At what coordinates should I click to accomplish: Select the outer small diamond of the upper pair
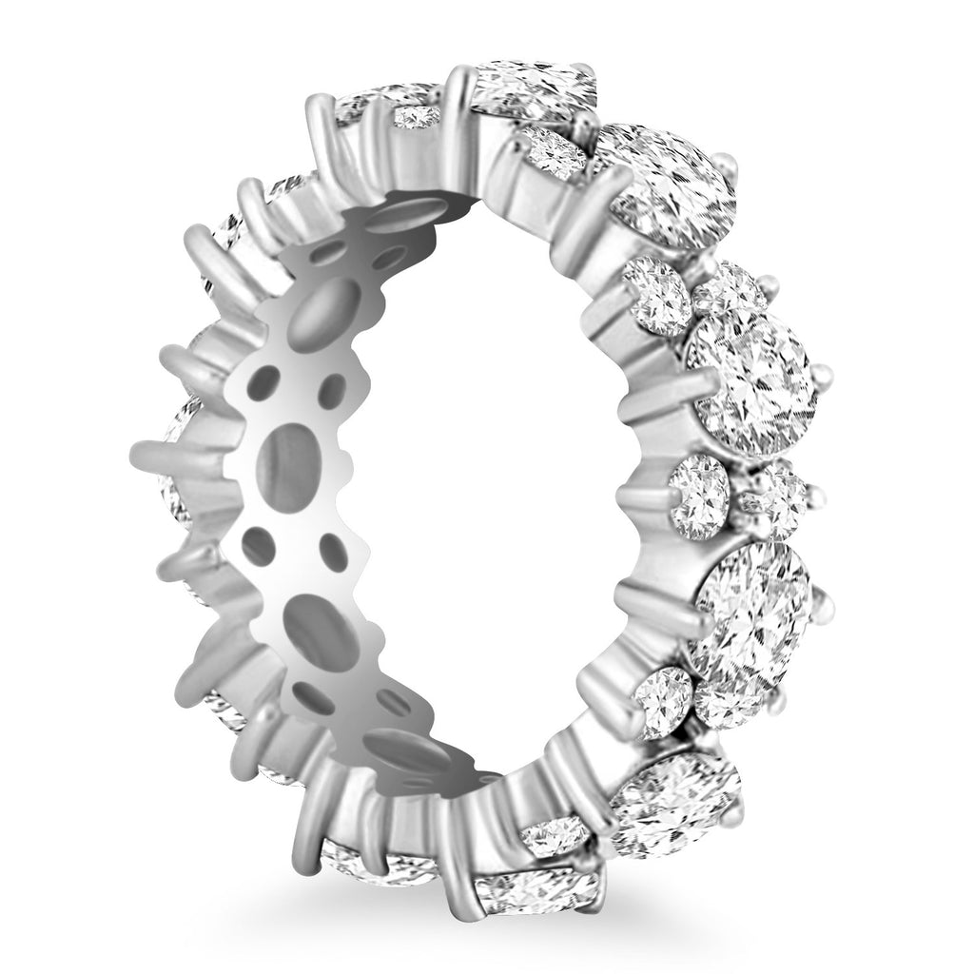(729, 285)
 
